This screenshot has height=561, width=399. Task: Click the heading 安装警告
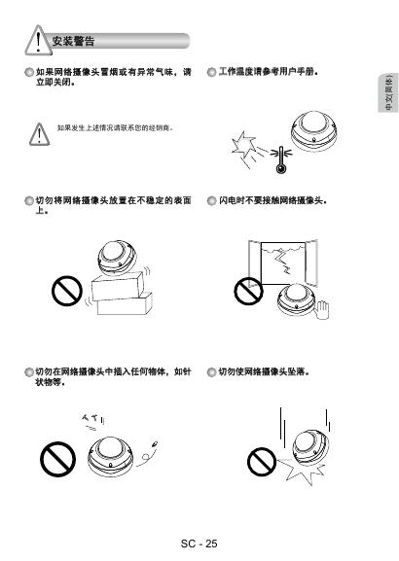pyautogui.click(x=73, y=41)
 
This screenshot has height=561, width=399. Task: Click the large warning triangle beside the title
pyautogui.click(x=38, y=40)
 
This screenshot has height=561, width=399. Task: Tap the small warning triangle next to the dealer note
pyautogui.click(x=39, y=134)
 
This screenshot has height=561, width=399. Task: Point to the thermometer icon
pyautogui.click(x=281, y=159)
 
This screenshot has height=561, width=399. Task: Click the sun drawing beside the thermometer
pyautogui.click(x=243, y=145)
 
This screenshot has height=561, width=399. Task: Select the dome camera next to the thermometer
pyautogui.click(x=314, y=131)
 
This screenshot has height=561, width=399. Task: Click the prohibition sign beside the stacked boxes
pyautogui.click(x=67, y=291)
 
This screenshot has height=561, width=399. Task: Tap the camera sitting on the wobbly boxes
pyautogui.click(x=117, y=259)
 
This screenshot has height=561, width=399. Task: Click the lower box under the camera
pyautogui.click(x=125, y=303)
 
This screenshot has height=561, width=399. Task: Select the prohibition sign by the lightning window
pyautogui.click(x=248, y=291)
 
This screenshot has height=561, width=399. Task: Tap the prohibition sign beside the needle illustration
pyautogui.click(x=57, y=459)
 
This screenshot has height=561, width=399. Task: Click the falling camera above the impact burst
pyautogui.click(x=310, y=446)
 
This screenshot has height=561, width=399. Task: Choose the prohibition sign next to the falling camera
pyautogui.click(x=262, y=462)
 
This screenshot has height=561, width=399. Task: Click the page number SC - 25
pyautogui.click(x=199, y=543)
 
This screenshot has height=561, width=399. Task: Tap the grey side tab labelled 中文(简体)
pyautogui.click(x=388, y=93)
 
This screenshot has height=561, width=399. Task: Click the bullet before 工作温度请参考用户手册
pyautogui.click(x=212, y=72)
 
